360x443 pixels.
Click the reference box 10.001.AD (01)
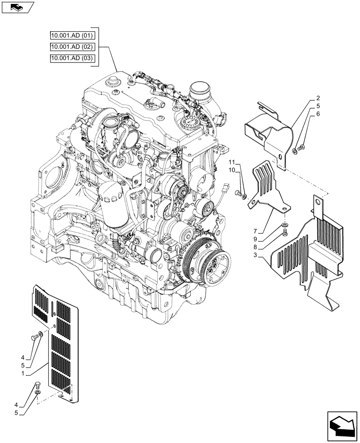click(x=72, y=35)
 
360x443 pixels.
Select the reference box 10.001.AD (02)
click(x=72, y=47)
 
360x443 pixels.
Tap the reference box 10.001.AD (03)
click(x=72, y=59)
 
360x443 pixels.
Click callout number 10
click(x=232, y=171)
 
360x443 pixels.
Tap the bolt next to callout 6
click(x=301, y=147)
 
